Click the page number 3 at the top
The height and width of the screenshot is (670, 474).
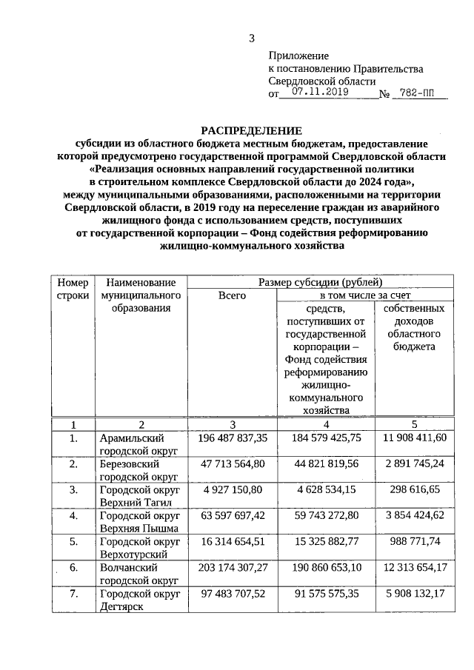pyautogui.click(x=251, y=39)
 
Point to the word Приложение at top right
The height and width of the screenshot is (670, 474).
pyautogui.click(x=298, y=56)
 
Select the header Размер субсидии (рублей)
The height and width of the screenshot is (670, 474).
pyautogui.click(x=320, y=281)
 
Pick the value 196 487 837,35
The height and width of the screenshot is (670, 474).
pyautogui.click(x=232, y=438)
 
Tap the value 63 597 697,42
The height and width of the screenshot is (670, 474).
pyautogui.click(x=232, y=516)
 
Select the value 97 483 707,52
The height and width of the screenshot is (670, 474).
pyautogui.click(x=232, y=594)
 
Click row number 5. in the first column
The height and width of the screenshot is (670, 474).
pyautogui.click(x=73, y=542)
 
